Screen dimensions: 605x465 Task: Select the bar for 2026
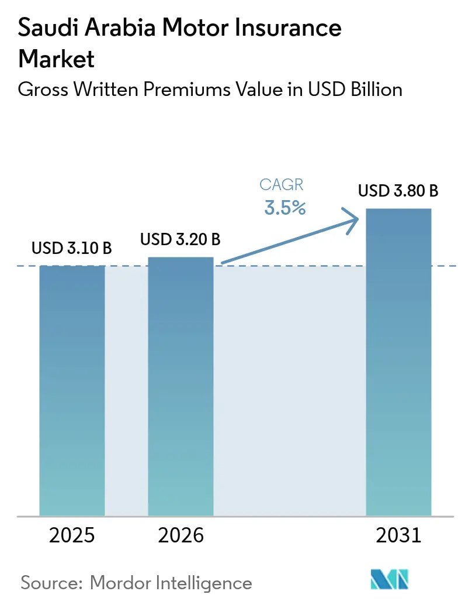[181, 386]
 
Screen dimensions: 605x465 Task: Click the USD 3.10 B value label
[72, 248]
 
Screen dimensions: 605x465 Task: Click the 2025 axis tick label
[72, 535]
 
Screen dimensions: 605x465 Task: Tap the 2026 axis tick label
[181, 535]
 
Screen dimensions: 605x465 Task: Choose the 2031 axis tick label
[398, 535]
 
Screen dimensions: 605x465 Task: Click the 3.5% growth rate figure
[284, 208]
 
